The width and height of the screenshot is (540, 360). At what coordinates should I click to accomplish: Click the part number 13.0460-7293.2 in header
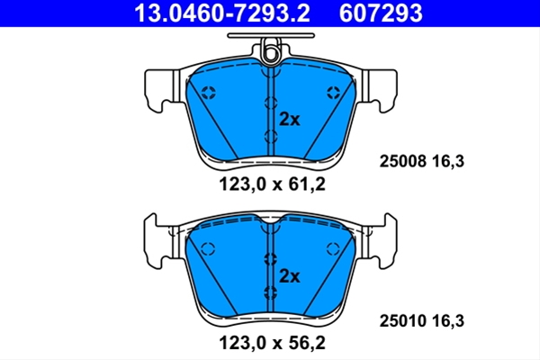(222, 13)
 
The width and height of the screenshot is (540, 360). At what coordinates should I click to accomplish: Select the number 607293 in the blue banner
(381, 13)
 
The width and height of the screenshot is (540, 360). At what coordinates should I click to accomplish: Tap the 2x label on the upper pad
(289, 120)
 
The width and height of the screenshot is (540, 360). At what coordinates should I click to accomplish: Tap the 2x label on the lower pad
(289, 276)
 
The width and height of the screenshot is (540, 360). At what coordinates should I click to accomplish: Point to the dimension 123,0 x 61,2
(272, 184)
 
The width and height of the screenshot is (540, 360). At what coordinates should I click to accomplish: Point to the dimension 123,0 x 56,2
(272, 343)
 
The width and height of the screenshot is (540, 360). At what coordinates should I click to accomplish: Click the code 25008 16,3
(422, 161)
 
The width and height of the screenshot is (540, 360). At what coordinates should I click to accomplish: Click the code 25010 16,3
(422, 321)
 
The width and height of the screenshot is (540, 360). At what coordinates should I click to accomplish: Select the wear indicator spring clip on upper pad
(272, 50)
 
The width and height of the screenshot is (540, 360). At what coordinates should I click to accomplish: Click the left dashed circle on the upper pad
(209, 92)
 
